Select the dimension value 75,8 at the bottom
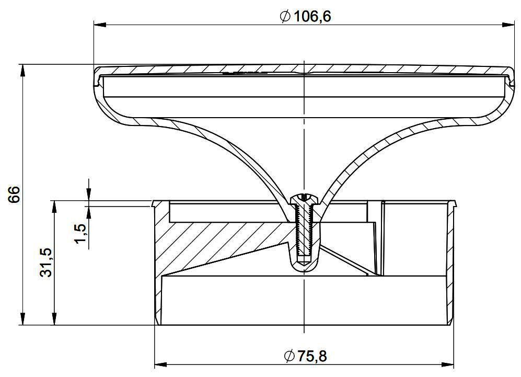click(x=312, y=356)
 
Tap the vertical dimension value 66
click(x=15, y=195)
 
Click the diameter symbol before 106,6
click(x=285, y=16)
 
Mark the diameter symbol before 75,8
click(x=290, y=356)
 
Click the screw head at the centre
click(x=304, y=199)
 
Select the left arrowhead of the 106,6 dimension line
click(x=100, y=25)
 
